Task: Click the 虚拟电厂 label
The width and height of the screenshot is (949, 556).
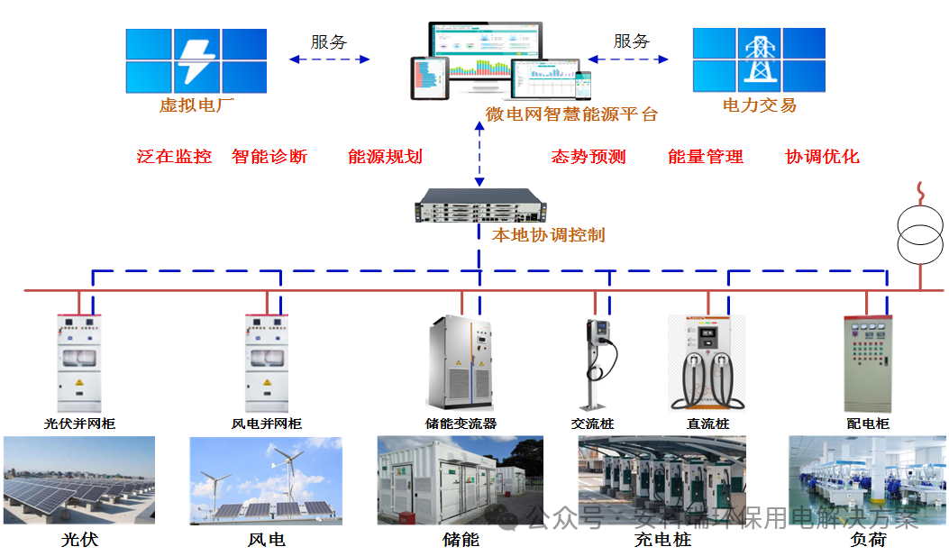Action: point(196,105)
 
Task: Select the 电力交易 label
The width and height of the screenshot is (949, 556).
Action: point(760,105)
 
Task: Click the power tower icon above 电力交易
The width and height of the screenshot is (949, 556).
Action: point(758,59)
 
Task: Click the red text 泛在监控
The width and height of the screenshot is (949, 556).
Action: point(174,157)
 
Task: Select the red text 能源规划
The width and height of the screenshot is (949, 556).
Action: point(385,157)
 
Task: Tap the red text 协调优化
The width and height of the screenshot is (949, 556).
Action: point(822,157)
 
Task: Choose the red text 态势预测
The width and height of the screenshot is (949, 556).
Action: point(589,157)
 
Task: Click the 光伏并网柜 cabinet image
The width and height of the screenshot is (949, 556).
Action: point(79,362)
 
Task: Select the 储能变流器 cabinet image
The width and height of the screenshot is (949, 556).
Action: point(461,363)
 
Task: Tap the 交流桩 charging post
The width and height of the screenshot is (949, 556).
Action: point(596,362)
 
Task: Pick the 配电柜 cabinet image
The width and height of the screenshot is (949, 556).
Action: point(866,362)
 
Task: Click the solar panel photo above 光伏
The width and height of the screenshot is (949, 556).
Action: point(79,480)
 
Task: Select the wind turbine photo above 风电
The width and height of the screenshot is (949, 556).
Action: point(265,480)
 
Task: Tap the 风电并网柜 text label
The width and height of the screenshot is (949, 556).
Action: point(267,424)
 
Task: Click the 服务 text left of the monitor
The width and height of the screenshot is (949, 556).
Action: point(329,42)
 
